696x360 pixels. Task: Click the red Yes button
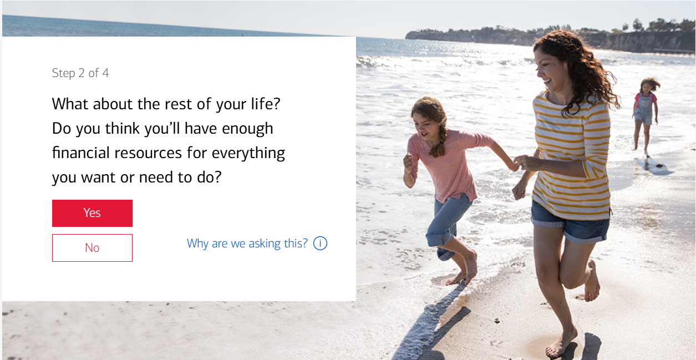click(x=92, y=213)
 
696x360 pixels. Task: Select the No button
click(x=92, y=248)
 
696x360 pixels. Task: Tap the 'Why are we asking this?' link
click(x=247, y=244)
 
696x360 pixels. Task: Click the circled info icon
click(x=320, y=243)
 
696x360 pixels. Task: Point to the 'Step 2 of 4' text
click(x=80, y=73)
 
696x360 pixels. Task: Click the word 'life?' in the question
click(x=266, y=104)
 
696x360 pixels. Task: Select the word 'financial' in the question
click(x=81, y=153)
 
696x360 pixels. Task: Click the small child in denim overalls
click(x=645, y=115)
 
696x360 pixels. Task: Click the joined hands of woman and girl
click(x=519, y=163)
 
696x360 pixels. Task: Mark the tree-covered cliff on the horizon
click(x=550, y=37)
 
